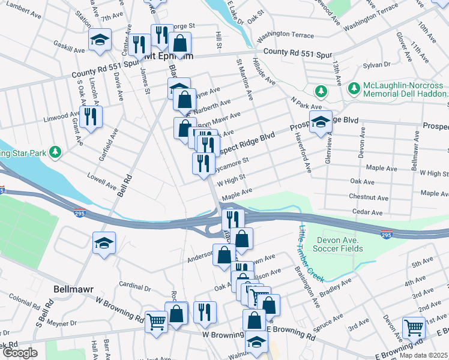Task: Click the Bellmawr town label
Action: point(74,289)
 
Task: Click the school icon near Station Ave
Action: point(99,40)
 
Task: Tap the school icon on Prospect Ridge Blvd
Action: point(321,122)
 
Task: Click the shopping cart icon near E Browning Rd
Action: point(414,327)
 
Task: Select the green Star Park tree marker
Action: point(55,152)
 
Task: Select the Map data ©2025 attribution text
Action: point(423,355)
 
